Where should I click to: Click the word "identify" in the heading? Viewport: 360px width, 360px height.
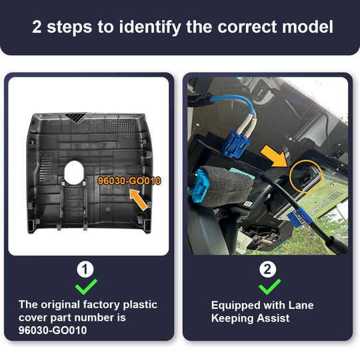click(x=150, y=27)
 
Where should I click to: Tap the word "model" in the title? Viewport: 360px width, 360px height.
click(x=307, y=27)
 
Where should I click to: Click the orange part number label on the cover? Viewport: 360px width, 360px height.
click(x=129, y=181)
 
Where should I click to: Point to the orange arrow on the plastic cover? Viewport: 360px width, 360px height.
click(x=139, y=199)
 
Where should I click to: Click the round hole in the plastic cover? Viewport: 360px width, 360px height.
click(x=74, y=173)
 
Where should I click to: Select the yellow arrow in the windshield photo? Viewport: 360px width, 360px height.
click(x=274, y=155)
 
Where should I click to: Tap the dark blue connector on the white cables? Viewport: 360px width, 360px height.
click(x=235, y=144)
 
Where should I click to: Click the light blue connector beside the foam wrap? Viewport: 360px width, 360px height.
click(x=198, y=185)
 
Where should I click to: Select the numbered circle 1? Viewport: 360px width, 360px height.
click(x=85, y=269)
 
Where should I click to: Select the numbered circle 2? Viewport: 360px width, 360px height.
click(x=267, y=269)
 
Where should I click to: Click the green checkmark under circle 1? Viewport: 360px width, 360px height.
click(x=86, y=287)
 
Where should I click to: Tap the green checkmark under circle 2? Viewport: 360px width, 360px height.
click(x=269, y=287)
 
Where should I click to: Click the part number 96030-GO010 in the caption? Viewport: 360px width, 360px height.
click(x=53, y=331)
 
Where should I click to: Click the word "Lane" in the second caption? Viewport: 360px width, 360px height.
click(x=301, y=305)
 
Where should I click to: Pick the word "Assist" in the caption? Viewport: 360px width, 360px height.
click(x=273, y=318)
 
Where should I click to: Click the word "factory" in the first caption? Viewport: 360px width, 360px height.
click(x=101, y=305)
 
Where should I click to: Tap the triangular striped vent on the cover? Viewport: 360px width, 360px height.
click(x=76, y=117)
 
